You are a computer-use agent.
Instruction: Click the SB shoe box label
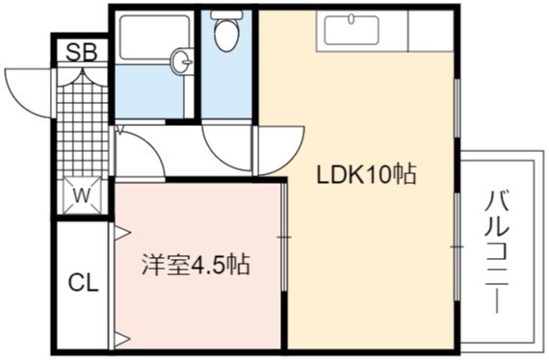click(x=81, y=52)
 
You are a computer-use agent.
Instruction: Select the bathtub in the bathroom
click(x=154, y=37)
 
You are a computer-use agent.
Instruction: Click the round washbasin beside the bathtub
click(x=182, y=62)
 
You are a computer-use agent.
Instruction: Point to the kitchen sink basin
click(x=352, y=31)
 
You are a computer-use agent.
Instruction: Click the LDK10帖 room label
click(x=366, y=174)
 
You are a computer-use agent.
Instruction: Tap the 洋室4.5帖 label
click(x=196, y=265)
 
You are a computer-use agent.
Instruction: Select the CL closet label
click(x=83, y=283)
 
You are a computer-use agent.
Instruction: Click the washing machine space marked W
click(x=82, y=195)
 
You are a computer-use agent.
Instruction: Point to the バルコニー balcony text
click(x=496, y=251)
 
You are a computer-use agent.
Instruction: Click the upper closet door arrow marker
click(x=122, y=232)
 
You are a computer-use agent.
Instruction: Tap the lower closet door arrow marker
click(x=122, y=339)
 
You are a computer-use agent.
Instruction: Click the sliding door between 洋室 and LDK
click(x=284, y=237)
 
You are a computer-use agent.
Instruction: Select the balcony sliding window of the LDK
click(x=457, y=246)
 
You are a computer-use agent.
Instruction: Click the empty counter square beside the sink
click(x=431, y=31)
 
